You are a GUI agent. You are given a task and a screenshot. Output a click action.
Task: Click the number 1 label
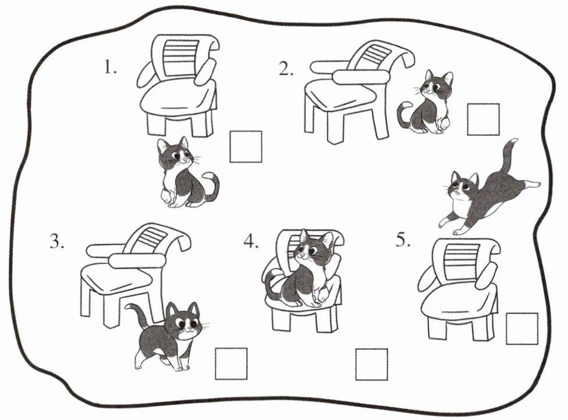[x=110, y=67]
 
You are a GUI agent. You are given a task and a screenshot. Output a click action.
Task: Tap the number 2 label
[x=286, y=69]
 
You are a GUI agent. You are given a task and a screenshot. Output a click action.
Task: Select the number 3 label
[x=57, y=241]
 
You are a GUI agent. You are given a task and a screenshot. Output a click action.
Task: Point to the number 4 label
[x=251, y=241]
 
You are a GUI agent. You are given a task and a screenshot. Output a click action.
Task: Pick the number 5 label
[x=403, y=240]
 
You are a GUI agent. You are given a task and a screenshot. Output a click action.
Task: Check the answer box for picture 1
[x=246, y=147]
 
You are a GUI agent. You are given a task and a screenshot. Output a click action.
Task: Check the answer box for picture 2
[x=483, y=119]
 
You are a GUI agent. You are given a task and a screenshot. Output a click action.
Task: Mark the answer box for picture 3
[x=231, y=363]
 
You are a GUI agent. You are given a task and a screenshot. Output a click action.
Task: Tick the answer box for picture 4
[x=371, y=365]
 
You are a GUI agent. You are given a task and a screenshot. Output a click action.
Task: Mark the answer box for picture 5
[x=522, y=329]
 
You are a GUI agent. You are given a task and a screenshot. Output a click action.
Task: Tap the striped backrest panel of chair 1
[x=180, y=57]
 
